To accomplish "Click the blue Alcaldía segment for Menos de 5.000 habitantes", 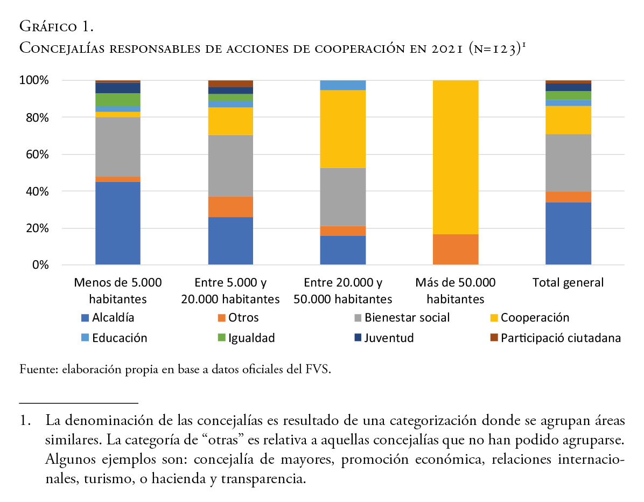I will pyautogui.click(x=118, y=223).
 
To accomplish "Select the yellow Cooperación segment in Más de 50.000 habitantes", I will pyautogui.click(x=456, y=157).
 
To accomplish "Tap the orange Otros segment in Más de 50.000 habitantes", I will pyautogui.click(x=456, y=249).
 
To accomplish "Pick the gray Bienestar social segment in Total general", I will pyautogui.click(x=568, y=163).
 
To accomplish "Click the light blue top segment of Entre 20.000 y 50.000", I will pyautogui.click(x=342, y=85).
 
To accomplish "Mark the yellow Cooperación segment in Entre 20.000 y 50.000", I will pyautogui.click(x=342, y=129).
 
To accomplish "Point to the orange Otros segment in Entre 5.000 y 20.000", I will pyautogui.click(x=230, y=207).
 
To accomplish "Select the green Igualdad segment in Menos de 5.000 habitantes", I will pyautogui.click(x=118, y=100).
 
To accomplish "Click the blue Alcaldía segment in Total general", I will pyautogui.click(x=568, y=233).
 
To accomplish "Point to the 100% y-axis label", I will pyautogui.click(x=35, y=81).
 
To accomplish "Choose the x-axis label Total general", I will pyautogui.click(x=568, y=283).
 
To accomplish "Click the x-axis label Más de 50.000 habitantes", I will pyautogui.click(x=456, y=291).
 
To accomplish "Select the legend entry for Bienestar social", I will pyautogui.click(x=407, y=318).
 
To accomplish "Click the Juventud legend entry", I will pyautogui.click(x=388, y=338).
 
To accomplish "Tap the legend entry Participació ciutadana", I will pyautogui.click(x=560, y=338).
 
